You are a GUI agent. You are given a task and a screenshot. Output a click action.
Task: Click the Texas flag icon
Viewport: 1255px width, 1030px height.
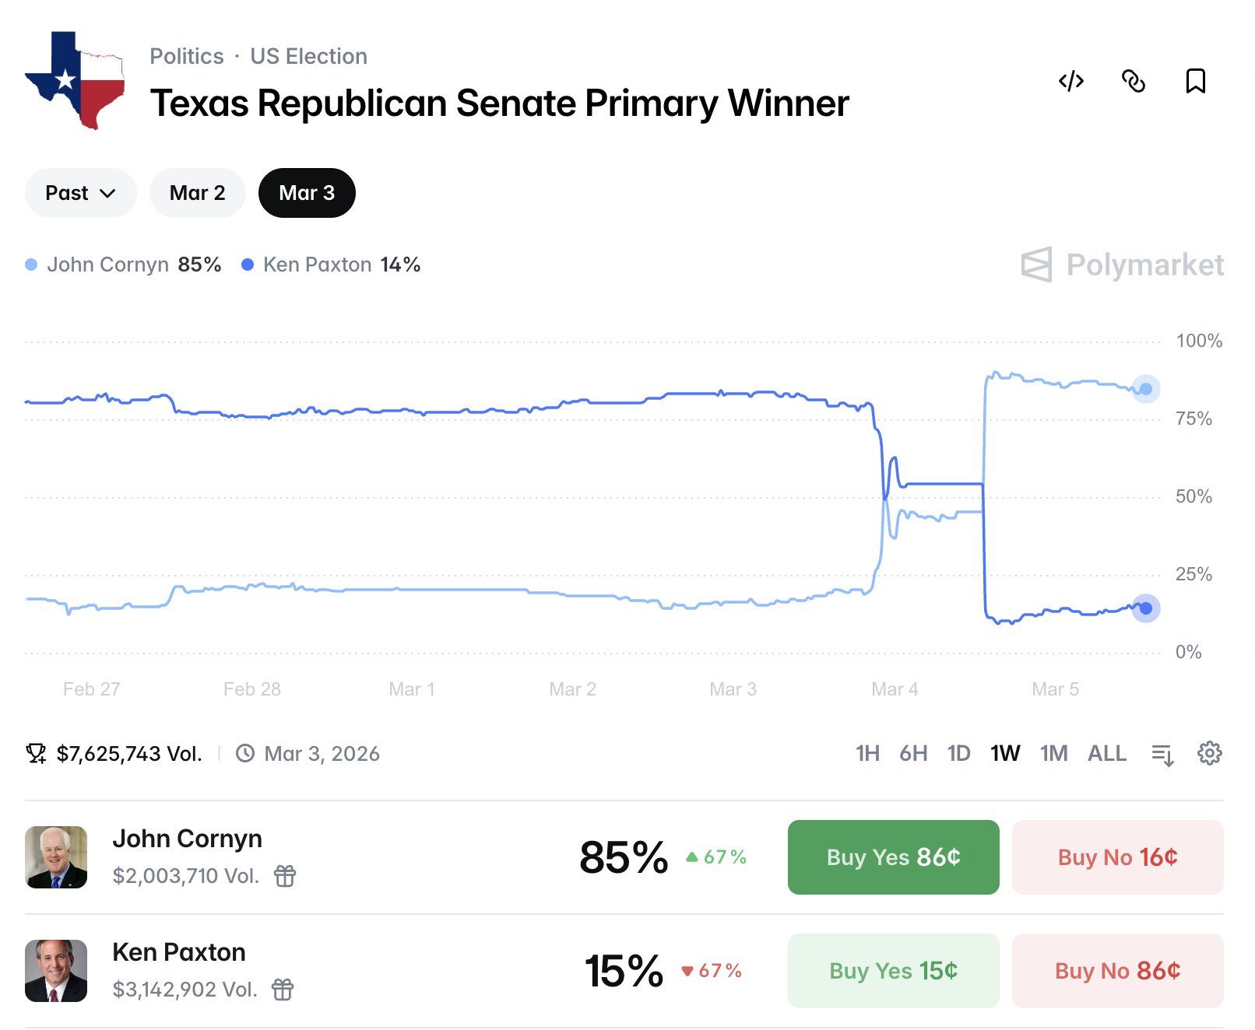click(76, 80)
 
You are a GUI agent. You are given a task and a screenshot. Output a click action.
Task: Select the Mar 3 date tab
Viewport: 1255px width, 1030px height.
click(307, 193)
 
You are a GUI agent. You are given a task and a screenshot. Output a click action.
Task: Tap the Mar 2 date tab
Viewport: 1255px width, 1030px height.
click(198, 193)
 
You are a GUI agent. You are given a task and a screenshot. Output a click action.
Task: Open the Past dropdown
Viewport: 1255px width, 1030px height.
click(80, 193)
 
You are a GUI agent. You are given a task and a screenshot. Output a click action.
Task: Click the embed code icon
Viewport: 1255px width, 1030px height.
click(1071, 81)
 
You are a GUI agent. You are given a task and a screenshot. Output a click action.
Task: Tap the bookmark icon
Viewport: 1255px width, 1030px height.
click(1195, 81)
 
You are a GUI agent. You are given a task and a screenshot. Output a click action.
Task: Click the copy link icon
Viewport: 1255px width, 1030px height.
click(1134, 81)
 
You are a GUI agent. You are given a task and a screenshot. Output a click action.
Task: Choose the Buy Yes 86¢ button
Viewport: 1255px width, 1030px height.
click(893, 857)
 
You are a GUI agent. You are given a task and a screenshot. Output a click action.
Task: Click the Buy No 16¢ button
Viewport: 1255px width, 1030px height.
click(1117, 857)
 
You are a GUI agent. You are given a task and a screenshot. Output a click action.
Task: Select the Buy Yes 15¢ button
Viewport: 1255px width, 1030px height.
click(893, 971)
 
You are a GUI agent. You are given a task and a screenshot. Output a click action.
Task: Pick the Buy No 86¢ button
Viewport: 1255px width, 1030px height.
click(1117, 971)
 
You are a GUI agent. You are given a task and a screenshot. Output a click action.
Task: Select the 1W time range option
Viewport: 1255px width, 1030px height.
click(1005, 753)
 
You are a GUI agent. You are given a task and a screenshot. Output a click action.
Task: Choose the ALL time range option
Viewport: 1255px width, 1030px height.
click(1106, 753)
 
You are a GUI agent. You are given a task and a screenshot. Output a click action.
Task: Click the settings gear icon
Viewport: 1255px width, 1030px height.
click(1209, 753)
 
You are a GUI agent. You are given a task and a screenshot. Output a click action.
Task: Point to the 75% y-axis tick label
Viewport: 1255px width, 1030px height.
click(1193, 419)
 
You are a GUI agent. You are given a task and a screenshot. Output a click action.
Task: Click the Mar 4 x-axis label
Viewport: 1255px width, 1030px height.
click(895, 689)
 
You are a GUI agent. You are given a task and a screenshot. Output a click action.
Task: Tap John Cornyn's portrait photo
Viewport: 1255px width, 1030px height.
click(56, 857)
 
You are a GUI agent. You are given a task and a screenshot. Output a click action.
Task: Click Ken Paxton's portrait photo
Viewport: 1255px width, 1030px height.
click(56, 971)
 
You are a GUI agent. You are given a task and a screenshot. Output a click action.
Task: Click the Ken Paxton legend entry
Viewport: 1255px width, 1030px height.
click(331, 265)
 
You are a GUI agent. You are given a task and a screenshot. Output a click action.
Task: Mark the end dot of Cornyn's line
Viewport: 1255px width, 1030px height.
click(1145, 389)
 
